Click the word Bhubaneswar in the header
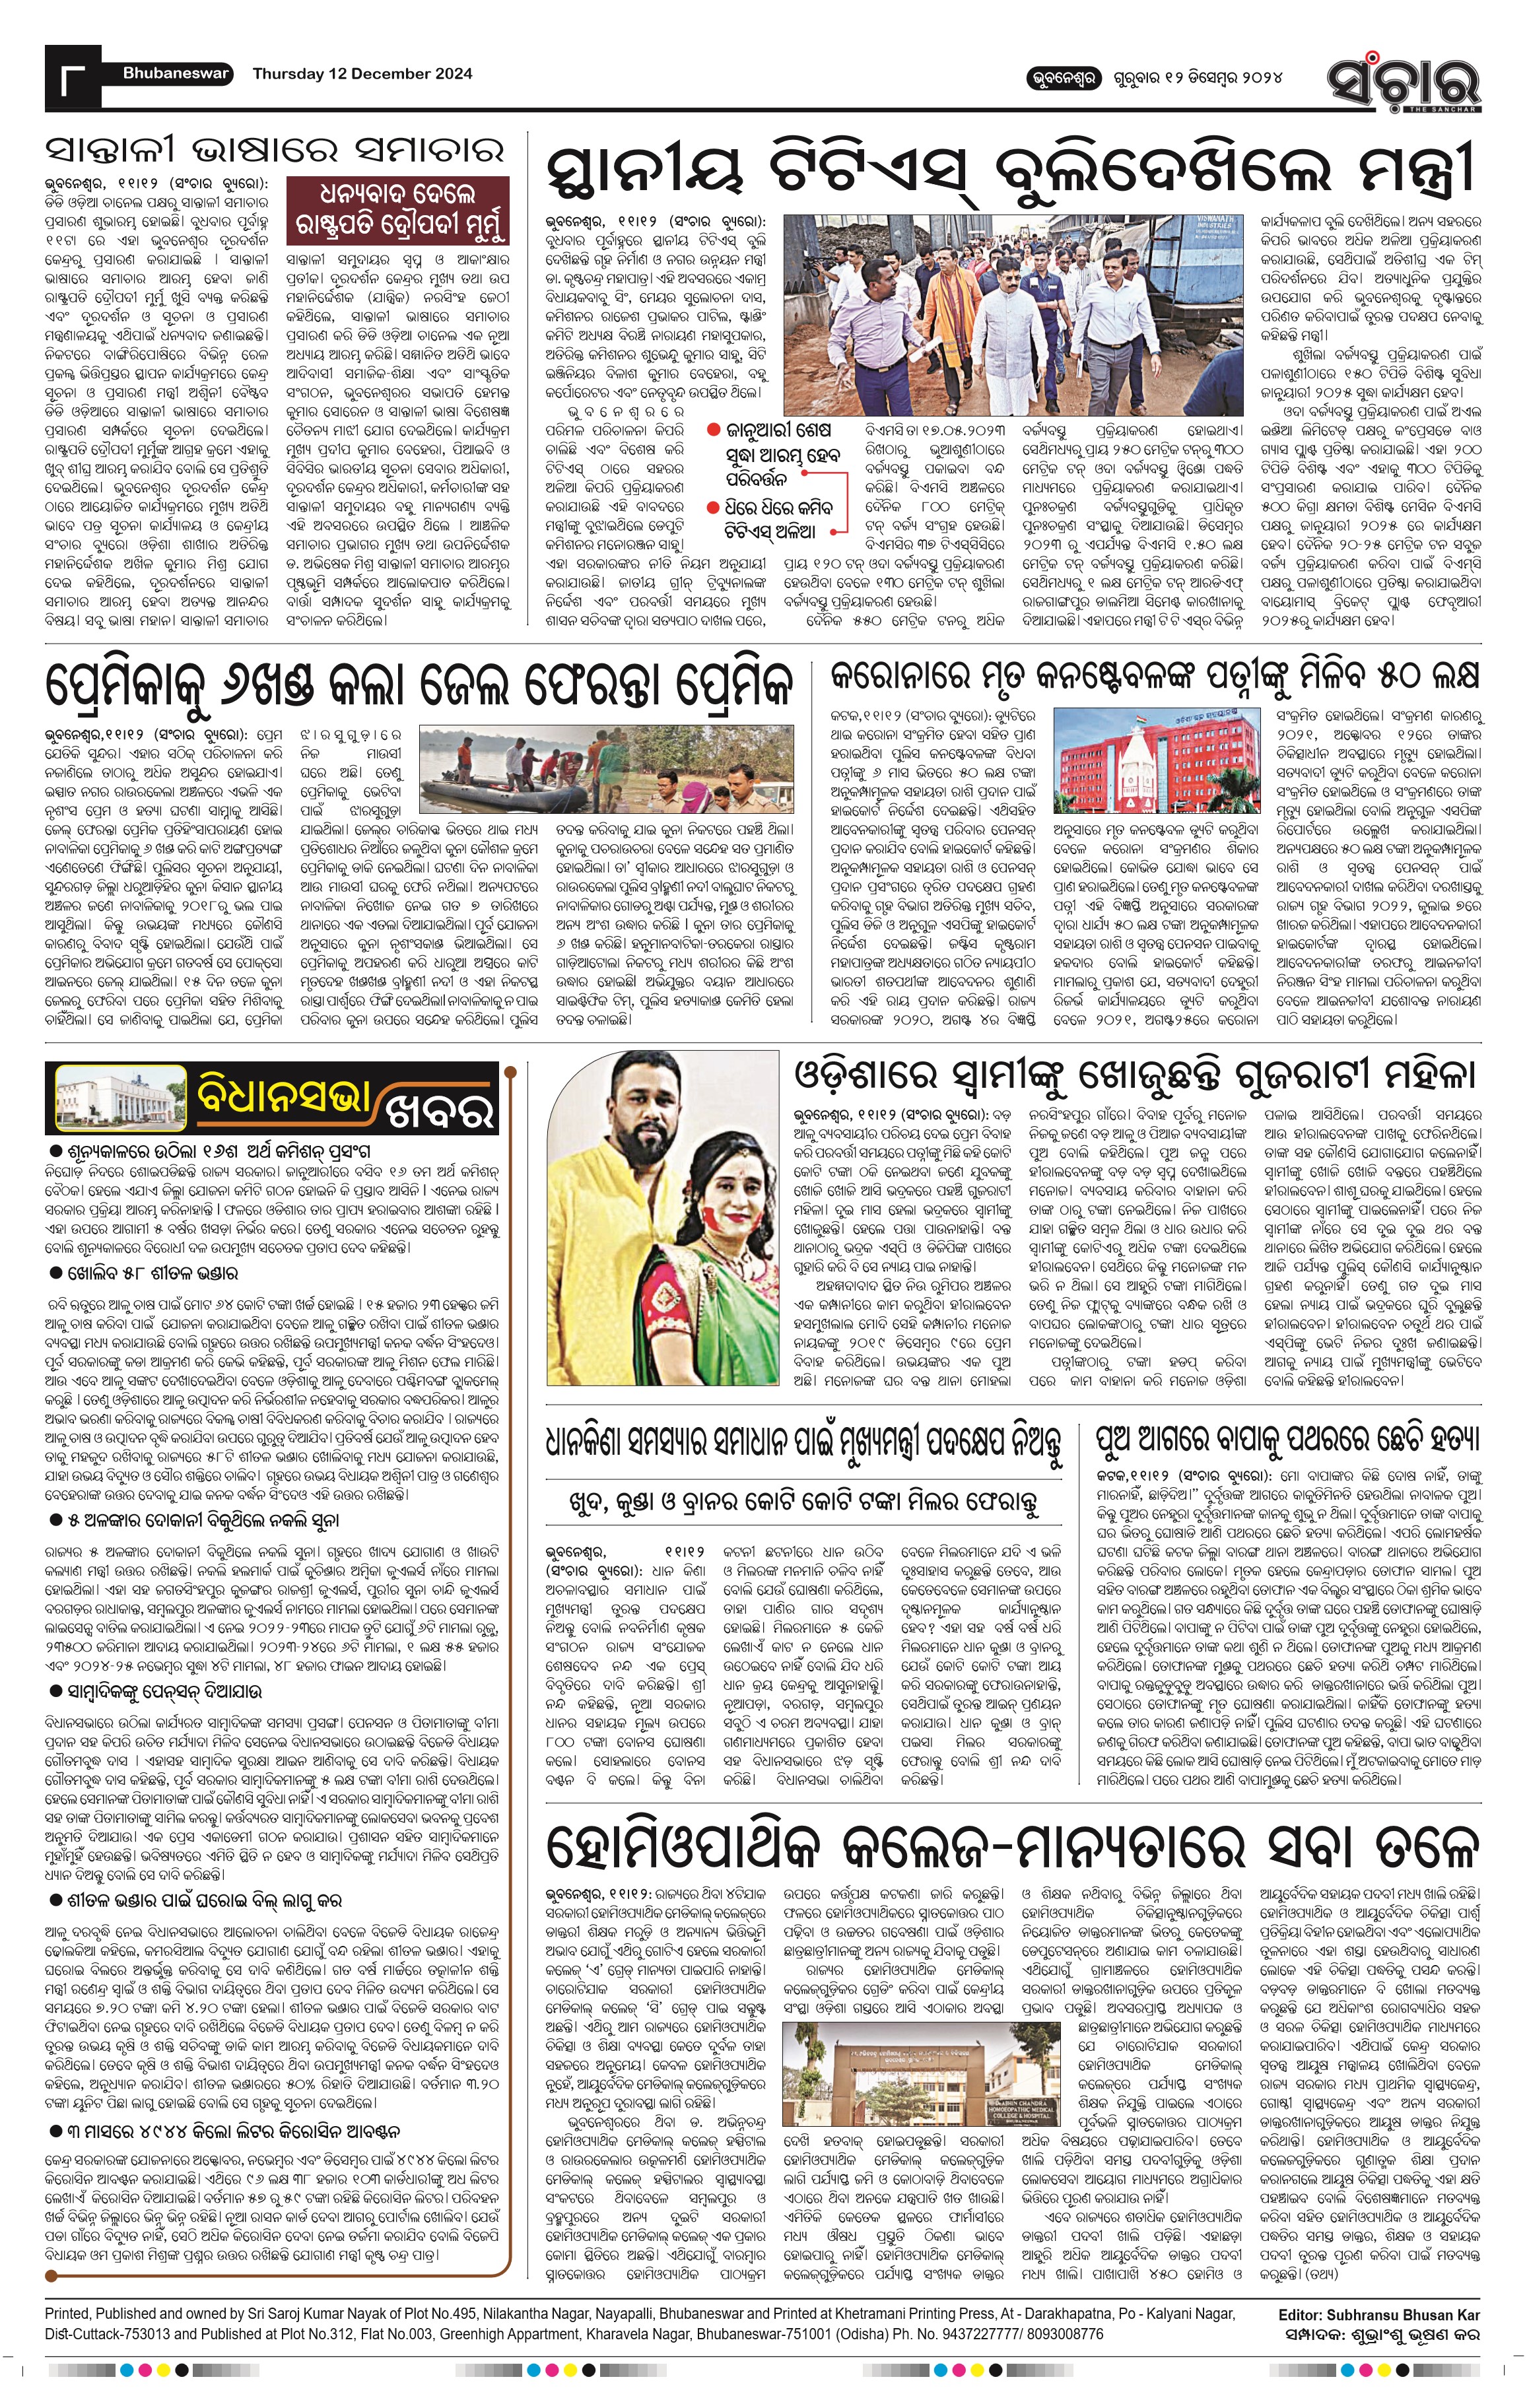pos(176,74)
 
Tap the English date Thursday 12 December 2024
pos(362,74)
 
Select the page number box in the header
pos(72,78)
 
